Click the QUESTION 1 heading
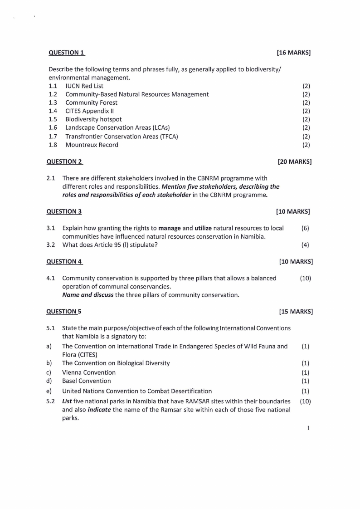point(66,53)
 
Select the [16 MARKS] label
point(293,53)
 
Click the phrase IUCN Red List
point(84,86)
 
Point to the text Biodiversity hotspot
point(93,119)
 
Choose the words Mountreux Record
point(92,145)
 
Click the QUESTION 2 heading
point(64,162)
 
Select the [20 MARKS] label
point(294,162)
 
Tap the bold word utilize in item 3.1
point(203,228)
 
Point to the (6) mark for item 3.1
point(305,228)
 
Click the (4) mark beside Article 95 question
point(305,245)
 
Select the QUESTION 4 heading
point(64,262)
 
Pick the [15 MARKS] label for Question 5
point(296,312)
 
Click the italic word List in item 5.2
point(68,401)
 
